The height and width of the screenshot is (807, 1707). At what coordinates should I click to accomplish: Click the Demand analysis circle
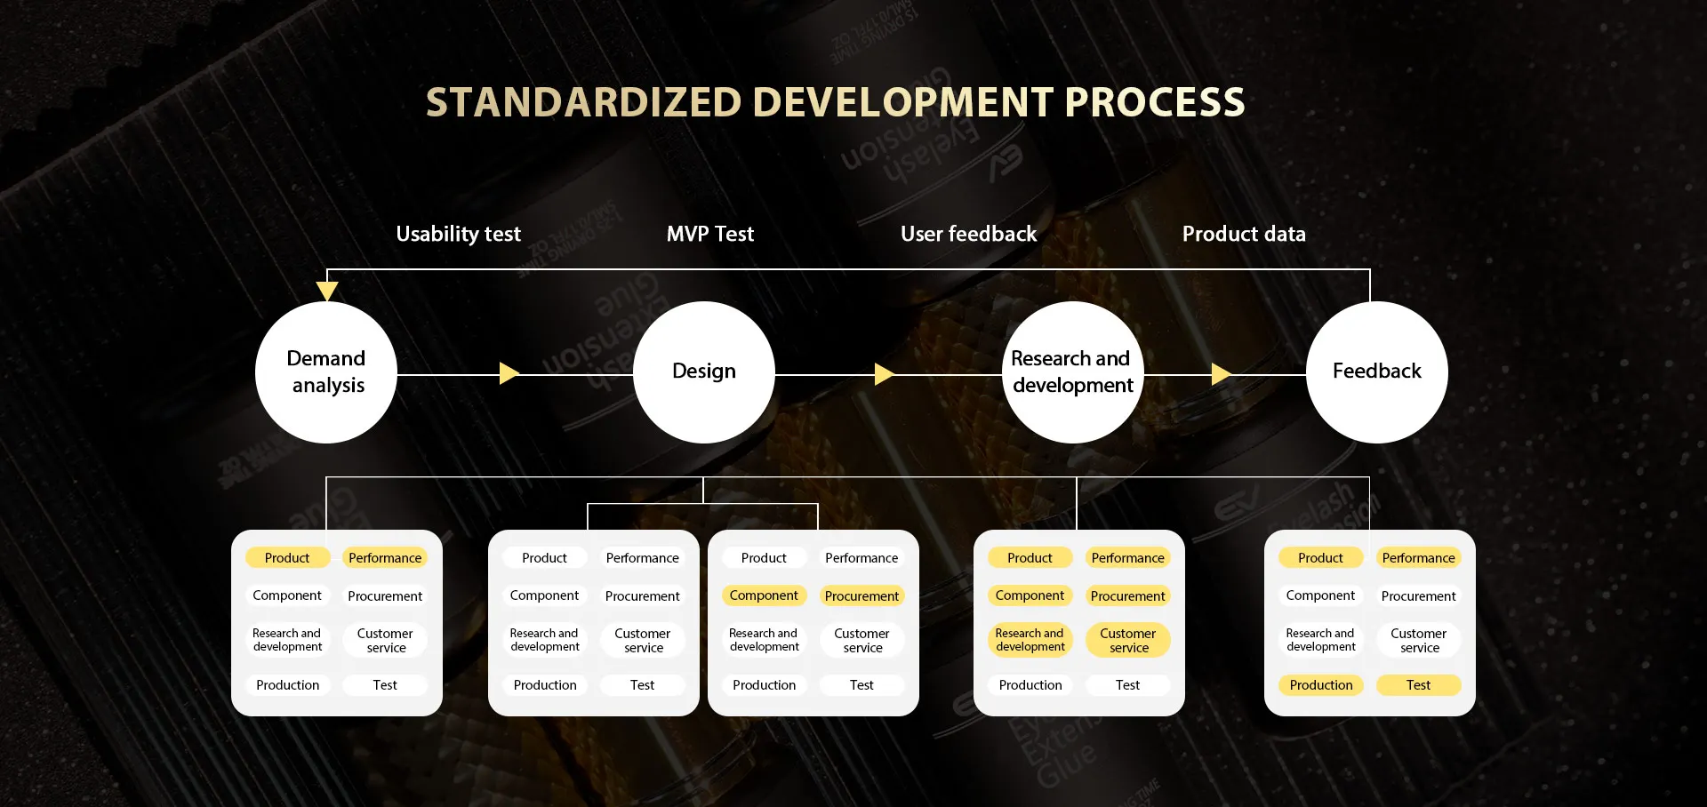[326, 372]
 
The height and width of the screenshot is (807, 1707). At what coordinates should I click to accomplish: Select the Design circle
[704, 372]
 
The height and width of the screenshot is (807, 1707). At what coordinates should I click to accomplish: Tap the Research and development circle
[1073, 372]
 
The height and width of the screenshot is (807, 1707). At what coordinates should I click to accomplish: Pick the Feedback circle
[1377, 372]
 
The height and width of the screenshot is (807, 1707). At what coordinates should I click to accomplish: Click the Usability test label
[459, 234]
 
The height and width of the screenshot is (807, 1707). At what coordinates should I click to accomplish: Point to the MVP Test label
[710, 234]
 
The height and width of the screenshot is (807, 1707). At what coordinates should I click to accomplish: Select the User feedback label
[969, 234]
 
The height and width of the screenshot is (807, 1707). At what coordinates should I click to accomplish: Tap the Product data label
[1244, 234]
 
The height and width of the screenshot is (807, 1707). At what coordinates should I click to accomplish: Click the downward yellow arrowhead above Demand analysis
[327, 292]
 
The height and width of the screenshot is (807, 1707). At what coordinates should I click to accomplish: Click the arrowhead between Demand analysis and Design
[509, 373]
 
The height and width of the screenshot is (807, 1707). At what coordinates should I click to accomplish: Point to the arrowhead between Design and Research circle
[885, 373]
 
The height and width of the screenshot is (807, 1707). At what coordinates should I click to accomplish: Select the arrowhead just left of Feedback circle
[1222, 373]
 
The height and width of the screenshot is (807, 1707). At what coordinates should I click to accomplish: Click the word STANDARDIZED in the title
[583, 102]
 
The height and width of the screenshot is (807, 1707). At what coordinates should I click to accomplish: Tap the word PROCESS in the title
[1155, 102]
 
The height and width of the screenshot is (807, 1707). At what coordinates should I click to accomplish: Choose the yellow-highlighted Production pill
[1321, 685]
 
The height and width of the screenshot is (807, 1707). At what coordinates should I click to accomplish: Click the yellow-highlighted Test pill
[1419, 685]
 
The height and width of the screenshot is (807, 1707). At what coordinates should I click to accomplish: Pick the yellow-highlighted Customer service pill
[1128, 640]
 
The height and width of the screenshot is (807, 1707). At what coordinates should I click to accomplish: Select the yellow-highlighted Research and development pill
[1030, 640]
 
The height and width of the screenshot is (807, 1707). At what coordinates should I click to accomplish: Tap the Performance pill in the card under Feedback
[1419, 557]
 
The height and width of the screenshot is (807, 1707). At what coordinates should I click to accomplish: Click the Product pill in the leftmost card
[287, 557]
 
